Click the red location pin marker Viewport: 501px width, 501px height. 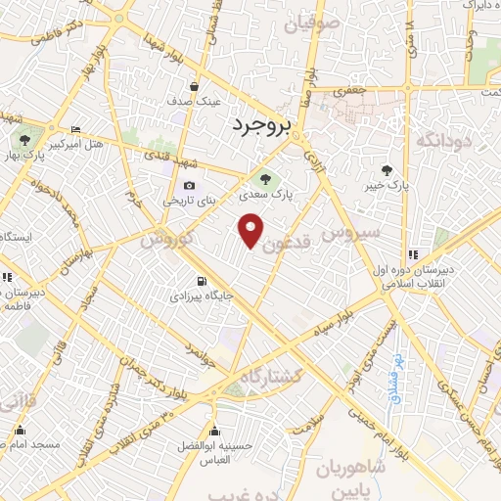click(x=252, y=229)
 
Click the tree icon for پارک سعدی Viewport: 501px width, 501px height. click(x=263, y=178)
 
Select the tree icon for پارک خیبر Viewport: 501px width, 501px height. click(x=395, y=169)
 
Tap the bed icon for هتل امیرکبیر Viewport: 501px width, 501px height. click(x=76, y=130)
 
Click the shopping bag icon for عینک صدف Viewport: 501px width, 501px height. click(x=196, y=86)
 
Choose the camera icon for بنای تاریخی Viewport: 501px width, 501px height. click(x=189, y=186)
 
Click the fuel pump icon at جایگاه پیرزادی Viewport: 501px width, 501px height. click(x=202, y=279)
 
